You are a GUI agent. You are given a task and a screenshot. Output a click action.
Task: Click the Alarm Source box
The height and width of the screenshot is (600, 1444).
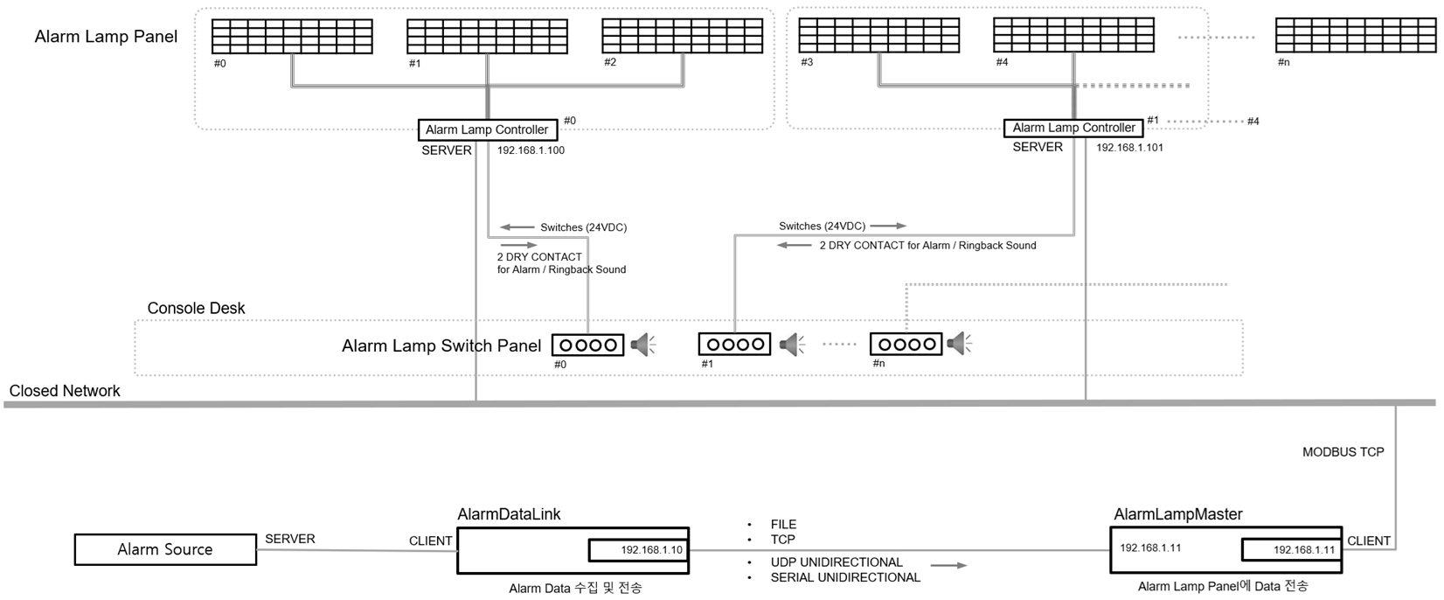coord(165,549)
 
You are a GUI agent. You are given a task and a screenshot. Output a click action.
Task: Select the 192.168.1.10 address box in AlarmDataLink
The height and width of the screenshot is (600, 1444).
coord(638,550)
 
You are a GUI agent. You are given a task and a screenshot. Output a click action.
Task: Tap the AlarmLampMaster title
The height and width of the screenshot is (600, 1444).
coord(1178,514)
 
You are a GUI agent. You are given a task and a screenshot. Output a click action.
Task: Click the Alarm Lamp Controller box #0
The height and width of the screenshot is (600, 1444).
coord(487,130)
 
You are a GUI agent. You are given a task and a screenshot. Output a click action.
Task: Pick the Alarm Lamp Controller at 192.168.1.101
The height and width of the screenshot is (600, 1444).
coord(1073,128)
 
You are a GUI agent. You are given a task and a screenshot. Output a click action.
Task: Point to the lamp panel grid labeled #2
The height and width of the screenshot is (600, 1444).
coord(682,37)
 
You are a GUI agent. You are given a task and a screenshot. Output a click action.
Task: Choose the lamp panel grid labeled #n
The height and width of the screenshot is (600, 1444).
coord(1355,36)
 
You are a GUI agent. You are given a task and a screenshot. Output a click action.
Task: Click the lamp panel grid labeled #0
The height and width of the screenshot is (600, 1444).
coord(292,37)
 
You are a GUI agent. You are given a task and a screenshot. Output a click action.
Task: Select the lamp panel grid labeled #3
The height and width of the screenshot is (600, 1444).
coord(878,36)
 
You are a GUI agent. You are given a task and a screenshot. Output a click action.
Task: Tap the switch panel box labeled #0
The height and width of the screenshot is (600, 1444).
coord(587,345)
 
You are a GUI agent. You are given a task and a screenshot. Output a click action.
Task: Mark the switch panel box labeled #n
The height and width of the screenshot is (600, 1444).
coord(906,345)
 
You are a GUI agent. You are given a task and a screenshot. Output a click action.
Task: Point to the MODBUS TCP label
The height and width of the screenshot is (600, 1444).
coord(1343,452)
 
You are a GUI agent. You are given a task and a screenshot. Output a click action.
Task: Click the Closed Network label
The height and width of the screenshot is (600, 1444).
coord(65,391)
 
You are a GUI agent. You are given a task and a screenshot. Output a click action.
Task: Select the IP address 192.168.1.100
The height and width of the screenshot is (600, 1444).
coord(531,150)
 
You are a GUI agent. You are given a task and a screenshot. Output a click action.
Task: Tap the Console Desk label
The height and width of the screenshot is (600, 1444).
coord(196,308)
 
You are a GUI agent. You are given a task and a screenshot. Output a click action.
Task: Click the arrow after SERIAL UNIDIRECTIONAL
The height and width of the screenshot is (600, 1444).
coord(948,566)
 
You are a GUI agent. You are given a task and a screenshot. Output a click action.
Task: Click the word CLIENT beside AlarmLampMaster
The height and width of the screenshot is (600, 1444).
coord(1368,541)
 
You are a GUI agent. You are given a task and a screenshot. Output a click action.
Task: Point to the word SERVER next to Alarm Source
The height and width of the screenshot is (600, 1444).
coord(289,539)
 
